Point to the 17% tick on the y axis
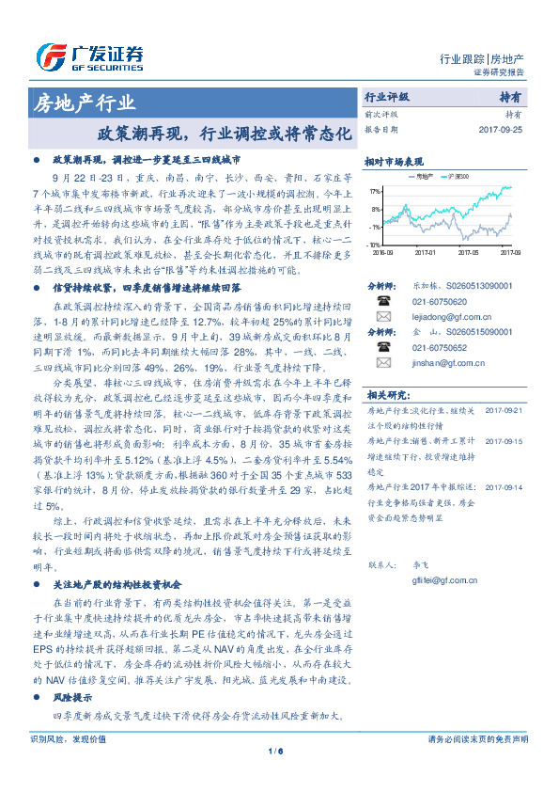tap(376, 190)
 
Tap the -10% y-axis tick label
tap(375, 245)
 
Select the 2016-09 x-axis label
tap(383, 252)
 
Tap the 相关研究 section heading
tap(386, 394)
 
